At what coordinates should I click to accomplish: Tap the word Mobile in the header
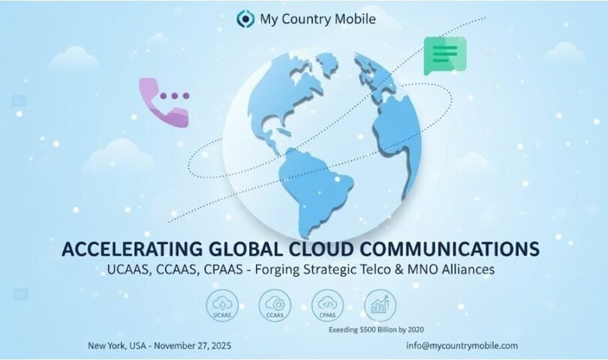click(350, 17)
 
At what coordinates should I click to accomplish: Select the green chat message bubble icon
click(444, 55)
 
